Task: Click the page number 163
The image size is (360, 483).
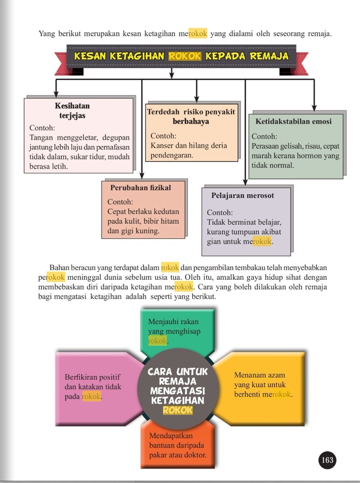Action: (327, 460)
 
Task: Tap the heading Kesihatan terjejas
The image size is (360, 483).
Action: (72, 111)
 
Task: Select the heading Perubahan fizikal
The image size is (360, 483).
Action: (141, 188)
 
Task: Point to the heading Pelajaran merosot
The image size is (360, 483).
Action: (243, 196)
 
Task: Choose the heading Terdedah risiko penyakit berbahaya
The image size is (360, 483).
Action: (191, 116)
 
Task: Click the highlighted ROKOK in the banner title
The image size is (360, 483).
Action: (185, 56)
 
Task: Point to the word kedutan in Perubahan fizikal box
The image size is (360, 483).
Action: (165, 212)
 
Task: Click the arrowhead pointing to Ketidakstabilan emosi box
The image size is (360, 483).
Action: (314, 107)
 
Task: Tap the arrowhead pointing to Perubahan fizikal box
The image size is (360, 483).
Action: (142, 175)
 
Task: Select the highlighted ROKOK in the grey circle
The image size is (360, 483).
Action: (178, 410)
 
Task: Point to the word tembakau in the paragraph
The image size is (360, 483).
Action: (247, 268)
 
